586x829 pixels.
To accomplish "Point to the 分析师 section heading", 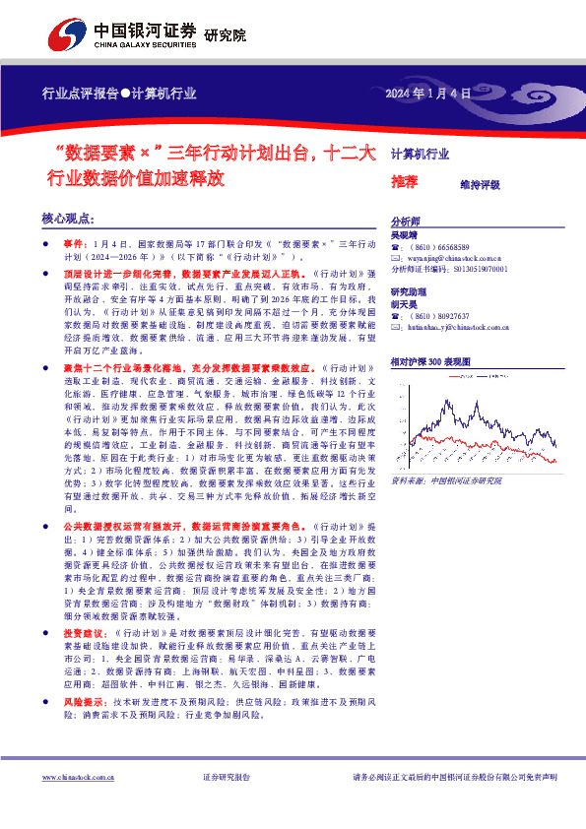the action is [x=405, y=222].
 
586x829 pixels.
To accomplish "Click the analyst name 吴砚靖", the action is [x=405, y=235].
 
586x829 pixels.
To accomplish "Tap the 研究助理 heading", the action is [x=409, y=292].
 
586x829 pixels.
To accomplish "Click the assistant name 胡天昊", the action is [x=405, y=304].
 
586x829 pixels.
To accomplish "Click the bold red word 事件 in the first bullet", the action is [x=74, y=241].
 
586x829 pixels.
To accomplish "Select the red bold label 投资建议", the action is [x=80, y=632].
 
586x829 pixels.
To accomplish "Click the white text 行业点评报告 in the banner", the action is [x=79, y=95].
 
